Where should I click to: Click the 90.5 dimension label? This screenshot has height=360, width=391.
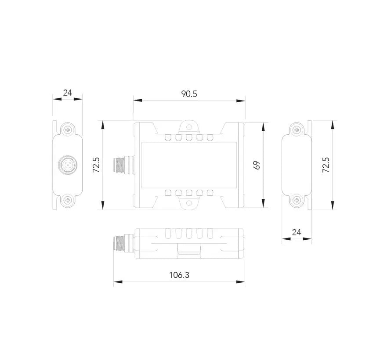(189, 94)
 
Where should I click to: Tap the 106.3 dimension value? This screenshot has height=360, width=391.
(179, 275)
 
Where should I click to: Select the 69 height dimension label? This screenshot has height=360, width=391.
(257, 165)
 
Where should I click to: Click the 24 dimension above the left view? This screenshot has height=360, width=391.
(67, 93)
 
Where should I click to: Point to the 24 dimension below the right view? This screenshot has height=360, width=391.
(297, 232)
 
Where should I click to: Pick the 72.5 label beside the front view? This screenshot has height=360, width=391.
(96, 165)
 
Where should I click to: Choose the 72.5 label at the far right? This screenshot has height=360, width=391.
(326, 165)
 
